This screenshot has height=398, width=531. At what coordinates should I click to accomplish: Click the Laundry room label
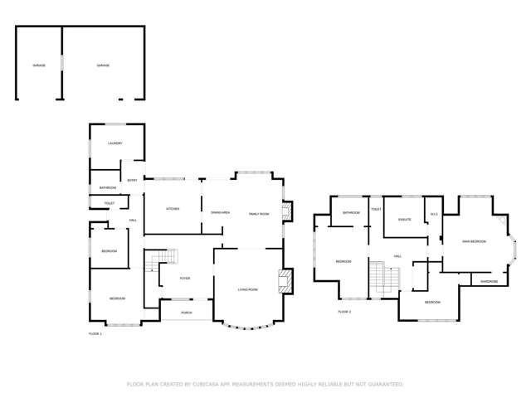115,143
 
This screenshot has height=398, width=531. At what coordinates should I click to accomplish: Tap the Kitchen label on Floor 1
173,209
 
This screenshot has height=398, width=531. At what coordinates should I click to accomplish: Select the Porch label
187,313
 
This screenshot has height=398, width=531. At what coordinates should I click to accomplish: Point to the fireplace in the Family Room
287,212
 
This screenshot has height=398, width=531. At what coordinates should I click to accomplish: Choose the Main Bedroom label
474,241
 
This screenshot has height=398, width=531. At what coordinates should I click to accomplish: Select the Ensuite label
405,220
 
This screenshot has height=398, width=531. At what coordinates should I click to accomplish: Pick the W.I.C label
434,215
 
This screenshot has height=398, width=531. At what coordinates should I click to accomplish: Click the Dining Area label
220,214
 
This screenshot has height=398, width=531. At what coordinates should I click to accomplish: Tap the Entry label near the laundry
132,180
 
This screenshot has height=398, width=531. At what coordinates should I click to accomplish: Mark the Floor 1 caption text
95,333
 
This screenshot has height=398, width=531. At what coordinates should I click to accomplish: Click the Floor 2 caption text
345,312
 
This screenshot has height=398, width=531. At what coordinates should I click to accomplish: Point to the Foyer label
185,279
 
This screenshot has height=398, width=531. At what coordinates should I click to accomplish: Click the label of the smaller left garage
38,66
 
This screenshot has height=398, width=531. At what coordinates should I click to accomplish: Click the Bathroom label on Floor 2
352,213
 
